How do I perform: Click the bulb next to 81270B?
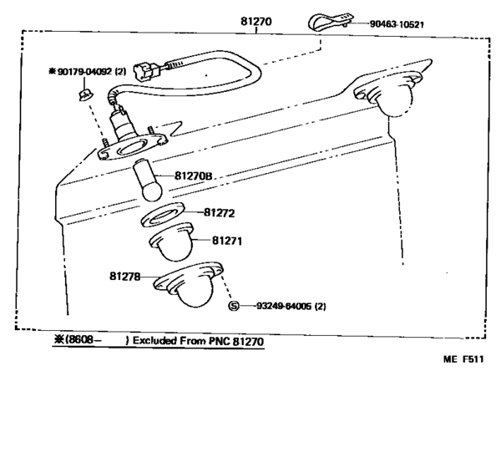[x=146, y=181]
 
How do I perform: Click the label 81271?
[x=226, y=241]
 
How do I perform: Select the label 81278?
[x=124, y=276]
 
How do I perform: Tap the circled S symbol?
[x=235, y=306]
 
